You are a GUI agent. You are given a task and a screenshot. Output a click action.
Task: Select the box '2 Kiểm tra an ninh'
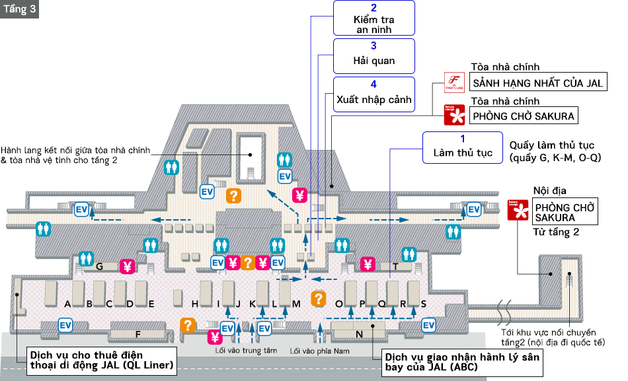click(x=373, y=18)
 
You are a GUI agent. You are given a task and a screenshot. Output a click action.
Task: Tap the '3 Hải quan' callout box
click(x=373, y=55)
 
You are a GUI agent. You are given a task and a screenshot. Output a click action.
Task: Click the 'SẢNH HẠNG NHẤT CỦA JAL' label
click(x=538, y=83)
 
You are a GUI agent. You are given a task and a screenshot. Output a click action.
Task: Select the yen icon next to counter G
click(x=127, y=267)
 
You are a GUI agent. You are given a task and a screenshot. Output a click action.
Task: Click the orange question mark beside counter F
click(x=188, y=325)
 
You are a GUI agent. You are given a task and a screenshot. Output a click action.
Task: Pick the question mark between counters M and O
click(x=319, y=298)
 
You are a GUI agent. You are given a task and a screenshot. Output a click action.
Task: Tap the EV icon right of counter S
click(x=429, y=325)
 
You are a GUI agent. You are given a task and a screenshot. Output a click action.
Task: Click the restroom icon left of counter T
click(x=409, y=254)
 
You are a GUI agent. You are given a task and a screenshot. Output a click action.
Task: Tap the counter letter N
click(x=360, y=334)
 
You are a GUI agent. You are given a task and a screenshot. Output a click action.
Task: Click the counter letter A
click(x=67, y=304)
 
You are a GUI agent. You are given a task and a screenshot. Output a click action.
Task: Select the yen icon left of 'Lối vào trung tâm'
click(x=215, y=337)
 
